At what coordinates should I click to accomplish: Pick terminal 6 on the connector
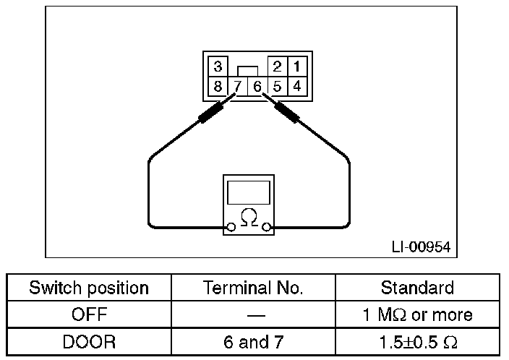point(257,86)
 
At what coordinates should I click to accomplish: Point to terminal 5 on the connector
point(278,86)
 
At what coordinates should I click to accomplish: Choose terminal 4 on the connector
point(297,85)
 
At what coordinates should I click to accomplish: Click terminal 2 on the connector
point(277,67)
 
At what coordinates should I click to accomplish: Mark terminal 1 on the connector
point(297,67)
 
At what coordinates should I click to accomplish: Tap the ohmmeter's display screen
point(249,192)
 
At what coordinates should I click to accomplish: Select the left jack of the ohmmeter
point(231,228)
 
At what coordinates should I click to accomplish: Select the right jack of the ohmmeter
point(268,228)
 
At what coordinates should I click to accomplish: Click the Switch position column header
point(89,288)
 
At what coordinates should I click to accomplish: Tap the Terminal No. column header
point(253,288)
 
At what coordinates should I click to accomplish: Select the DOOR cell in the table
point(89,341)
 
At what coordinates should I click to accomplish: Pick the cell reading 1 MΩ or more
point(417,314)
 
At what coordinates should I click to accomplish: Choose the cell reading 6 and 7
point(253,341)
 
